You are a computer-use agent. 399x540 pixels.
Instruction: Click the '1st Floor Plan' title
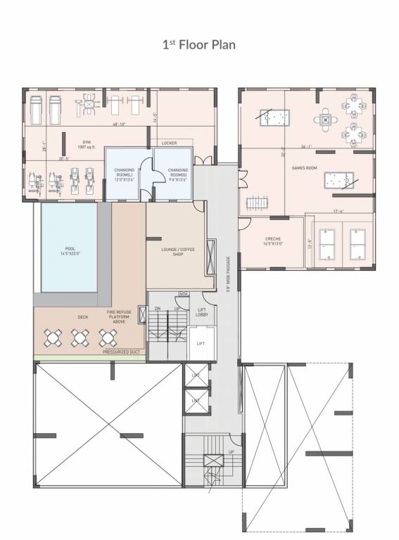tap(199, 45)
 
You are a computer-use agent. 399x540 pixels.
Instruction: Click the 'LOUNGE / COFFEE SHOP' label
tap(176, 251)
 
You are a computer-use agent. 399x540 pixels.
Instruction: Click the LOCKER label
tap(169, 143)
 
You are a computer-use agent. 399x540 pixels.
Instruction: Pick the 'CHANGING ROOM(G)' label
tap(178, 174)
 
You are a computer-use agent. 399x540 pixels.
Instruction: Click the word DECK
tap(82, 316)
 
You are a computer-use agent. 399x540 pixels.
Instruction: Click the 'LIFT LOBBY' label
tap(201, 312)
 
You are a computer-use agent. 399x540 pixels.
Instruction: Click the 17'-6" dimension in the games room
tap(338, 212)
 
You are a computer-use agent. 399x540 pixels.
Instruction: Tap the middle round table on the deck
tap(78, 338)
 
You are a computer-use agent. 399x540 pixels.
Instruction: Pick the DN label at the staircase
tap(158, 309)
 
